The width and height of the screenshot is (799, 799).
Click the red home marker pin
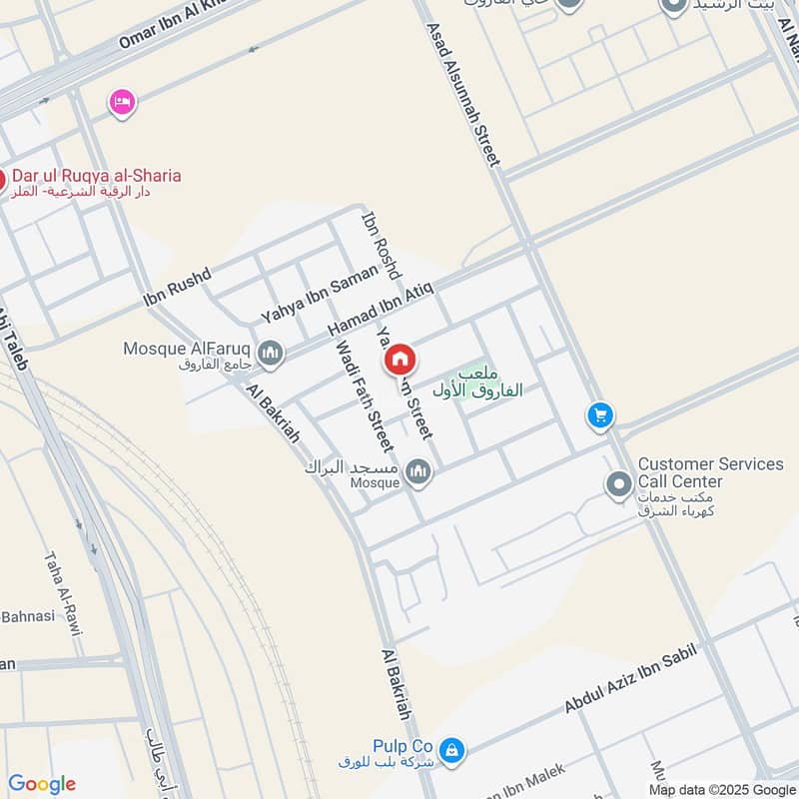(399, 360)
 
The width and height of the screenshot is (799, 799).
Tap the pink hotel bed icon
(122, 102)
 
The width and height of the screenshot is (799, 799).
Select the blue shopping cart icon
(599, 415)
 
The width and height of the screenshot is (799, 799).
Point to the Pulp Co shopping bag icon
(451, 748)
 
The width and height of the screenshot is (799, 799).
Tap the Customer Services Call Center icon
(619, 485)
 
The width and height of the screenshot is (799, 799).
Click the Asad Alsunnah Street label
(466, 95)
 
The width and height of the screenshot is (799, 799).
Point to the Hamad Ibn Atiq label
(381, 310)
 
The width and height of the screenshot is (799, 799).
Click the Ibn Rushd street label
(177, 286)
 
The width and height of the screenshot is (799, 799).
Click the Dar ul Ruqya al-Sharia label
(96, 176)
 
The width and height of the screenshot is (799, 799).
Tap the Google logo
(42, 784)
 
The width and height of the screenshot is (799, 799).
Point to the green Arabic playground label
(478, 382)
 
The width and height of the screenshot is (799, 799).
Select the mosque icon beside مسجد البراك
(418, 471)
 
